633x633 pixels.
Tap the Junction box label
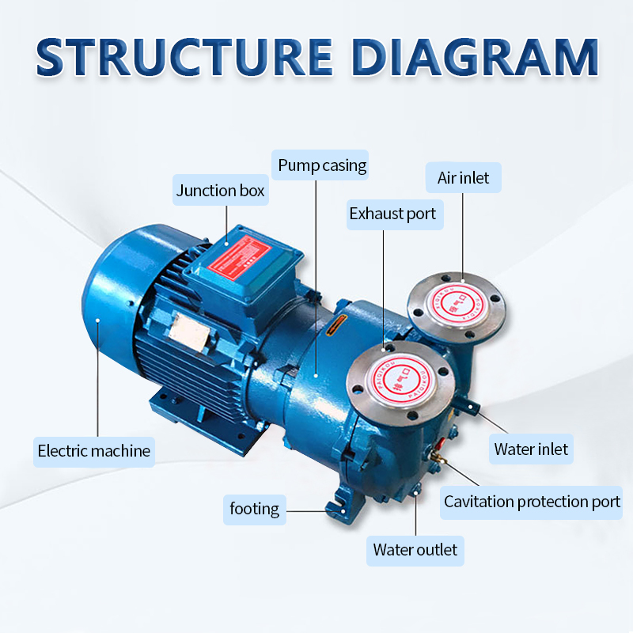coord(221,191)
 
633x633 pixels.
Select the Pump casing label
coord(322,165)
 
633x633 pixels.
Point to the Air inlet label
coord(463,178)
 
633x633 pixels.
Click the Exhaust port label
coord(392,214)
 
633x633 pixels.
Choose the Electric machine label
coord(94,451)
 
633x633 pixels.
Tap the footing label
coord(255,508)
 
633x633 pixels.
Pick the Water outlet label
coord(415,549)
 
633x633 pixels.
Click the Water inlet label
coord(531,449)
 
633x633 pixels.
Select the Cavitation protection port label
coord(532,502)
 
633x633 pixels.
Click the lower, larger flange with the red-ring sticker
coord(395,379)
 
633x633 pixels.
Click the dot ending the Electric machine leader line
coord(97,320)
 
